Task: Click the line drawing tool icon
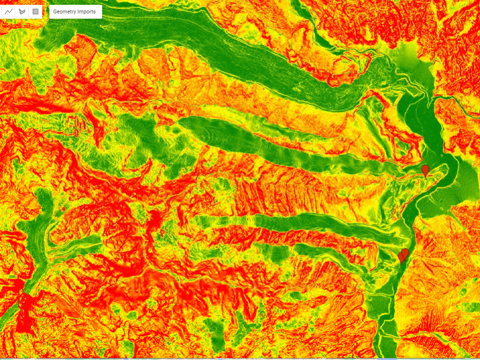click(9, 12)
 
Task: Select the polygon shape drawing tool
click(22, 12)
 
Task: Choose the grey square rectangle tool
click(35, 12)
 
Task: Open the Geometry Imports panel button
click(75, 12)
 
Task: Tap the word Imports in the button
click(87, 12)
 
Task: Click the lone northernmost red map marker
click(425, 170)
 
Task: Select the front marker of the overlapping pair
click(402, 258)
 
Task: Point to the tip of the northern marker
click(425, 178)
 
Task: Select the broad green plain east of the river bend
click(463, 182)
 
